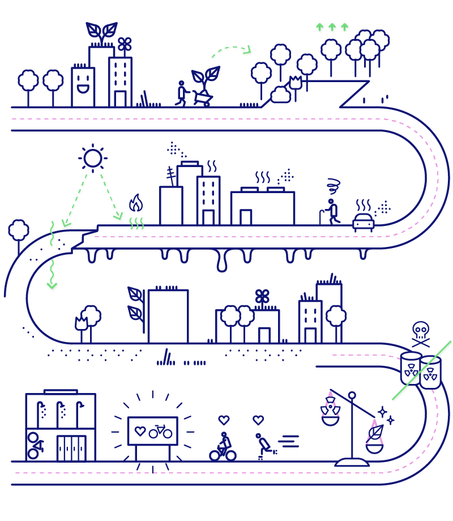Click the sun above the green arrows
(93, 158)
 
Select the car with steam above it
(363, 221)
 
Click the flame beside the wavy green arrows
(136, 203)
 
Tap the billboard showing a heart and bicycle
(152, 432)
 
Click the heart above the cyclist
(224, 420)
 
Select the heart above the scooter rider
(258, 420)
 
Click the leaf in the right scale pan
(374, 433)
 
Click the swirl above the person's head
(334, 185)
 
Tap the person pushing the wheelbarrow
(182, 93)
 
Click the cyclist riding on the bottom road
(223, 447)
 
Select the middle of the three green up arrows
(332, 27)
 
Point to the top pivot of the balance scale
(352, 395)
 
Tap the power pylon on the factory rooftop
(170, 176)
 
